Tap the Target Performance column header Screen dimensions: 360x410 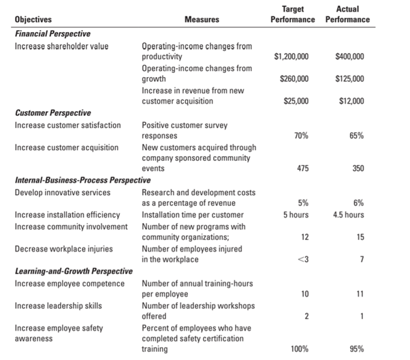[292, 14]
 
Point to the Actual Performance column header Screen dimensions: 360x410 [347, 14]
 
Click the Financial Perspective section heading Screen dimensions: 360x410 [52, 33]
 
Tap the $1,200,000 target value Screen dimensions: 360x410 [292, 56]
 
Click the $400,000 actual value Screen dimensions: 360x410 [349, 56]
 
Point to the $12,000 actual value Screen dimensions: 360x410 [350, 101]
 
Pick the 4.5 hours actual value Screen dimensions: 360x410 [348, 214]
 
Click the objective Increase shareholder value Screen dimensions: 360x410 [61, 46]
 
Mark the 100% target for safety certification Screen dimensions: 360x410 [298, 349]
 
